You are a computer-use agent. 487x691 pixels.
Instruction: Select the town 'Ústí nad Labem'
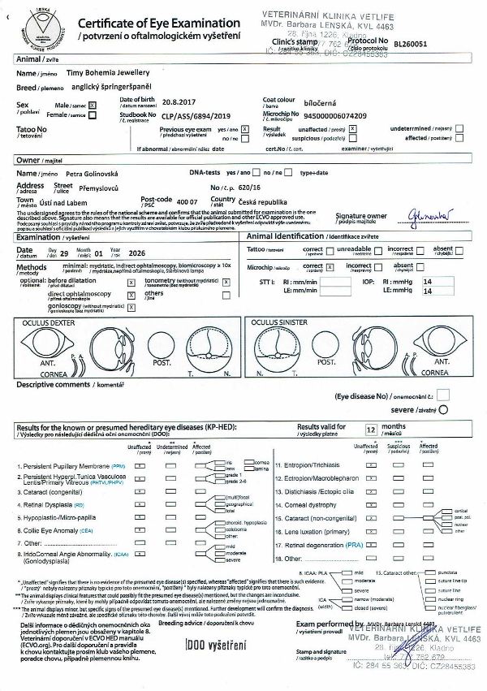click(80, 201)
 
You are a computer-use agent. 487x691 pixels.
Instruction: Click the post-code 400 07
click(187, 201)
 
